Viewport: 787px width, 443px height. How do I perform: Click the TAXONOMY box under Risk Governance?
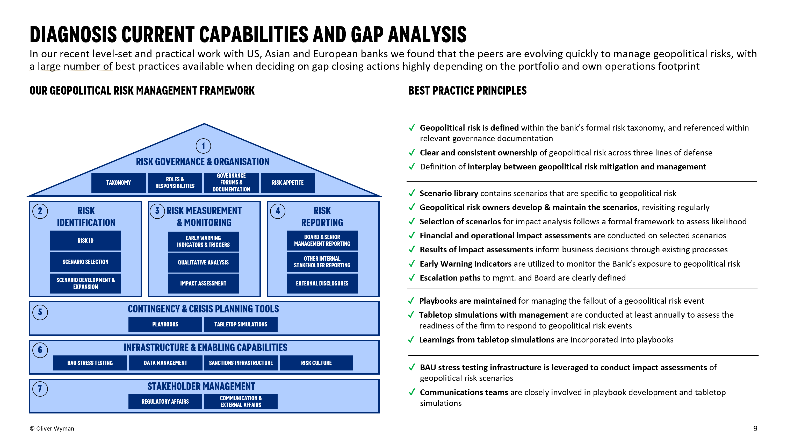(x=118, y=183)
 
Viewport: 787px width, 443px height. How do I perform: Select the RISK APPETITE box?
(x=287, y=183)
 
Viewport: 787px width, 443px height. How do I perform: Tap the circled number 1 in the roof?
(x=203, y=146)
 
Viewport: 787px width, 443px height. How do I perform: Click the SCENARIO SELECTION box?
(x=85, y=262)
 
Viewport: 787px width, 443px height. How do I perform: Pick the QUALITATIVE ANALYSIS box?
(x=203, y=262)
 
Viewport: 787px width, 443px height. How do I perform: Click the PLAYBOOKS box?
(x=165, y=324)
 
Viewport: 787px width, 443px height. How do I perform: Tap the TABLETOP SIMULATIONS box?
(x=241, y=324)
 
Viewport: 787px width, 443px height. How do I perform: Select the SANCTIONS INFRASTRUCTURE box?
(x=241, y=363)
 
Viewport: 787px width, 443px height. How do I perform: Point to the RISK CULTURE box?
(x=316, y=363)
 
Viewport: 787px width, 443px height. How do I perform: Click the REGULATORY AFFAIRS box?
(x=165, y=402)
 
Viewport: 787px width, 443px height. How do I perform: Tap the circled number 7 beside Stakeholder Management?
(x=40, y=389)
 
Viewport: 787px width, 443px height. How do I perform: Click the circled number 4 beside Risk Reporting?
(x=278, y=211)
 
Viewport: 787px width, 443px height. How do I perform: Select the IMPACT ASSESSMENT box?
(x=203, y=283)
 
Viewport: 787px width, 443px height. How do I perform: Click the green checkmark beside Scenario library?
(x=411, y=193)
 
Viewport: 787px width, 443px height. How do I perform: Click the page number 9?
(x=755, y=428)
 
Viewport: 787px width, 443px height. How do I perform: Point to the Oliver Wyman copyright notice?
(x=52, y=428)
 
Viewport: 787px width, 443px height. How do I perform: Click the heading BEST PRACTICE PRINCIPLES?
(x=467, y=90)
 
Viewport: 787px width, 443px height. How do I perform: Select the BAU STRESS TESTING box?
(x=90, y=363)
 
